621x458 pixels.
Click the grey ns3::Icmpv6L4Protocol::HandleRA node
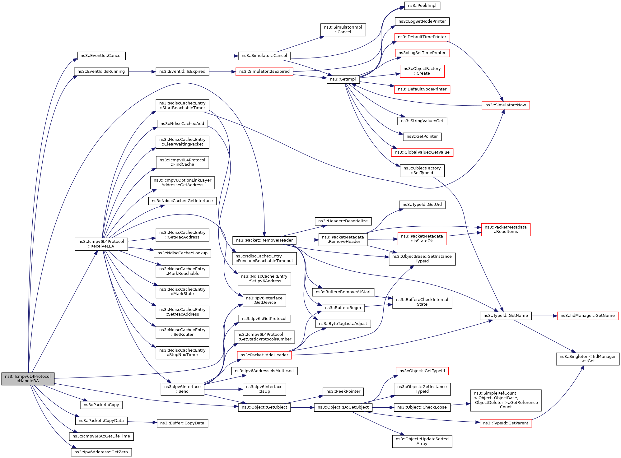[x=28, y=378]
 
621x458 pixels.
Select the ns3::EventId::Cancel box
[x=101, y=56]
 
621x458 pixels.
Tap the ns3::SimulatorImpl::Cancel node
[x=343, y=30]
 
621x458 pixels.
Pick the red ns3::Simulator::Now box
[x=505, y=105]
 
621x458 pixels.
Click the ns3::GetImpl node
[x=343, y=79]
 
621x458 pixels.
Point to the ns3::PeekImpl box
[x=422, y=6]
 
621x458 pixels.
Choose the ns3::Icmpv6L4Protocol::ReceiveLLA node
[x=101, y=244]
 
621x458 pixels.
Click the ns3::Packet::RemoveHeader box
[x=264, y=240]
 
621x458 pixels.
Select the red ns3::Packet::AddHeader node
[x=264, y=355]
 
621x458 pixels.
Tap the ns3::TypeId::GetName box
[x=505, y=316]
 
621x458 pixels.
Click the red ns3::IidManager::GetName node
[x=587, y=316]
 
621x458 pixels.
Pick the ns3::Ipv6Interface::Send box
[x=182, y=389]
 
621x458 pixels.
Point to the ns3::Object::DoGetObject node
[x=343, y=407]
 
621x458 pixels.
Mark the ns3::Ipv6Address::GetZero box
[x=101, y=452]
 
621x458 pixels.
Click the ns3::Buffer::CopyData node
[x=182, y=423]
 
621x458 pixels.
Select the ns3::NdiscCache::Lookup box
[x=182, y=253]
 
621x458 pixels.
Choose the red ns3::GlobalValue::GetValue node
[x=422, y=152]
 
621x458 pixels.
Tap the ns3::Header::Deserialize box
[x=343, y=221]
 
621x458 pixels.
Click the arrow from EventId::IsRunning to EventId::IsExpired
[x=142, y=72]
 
